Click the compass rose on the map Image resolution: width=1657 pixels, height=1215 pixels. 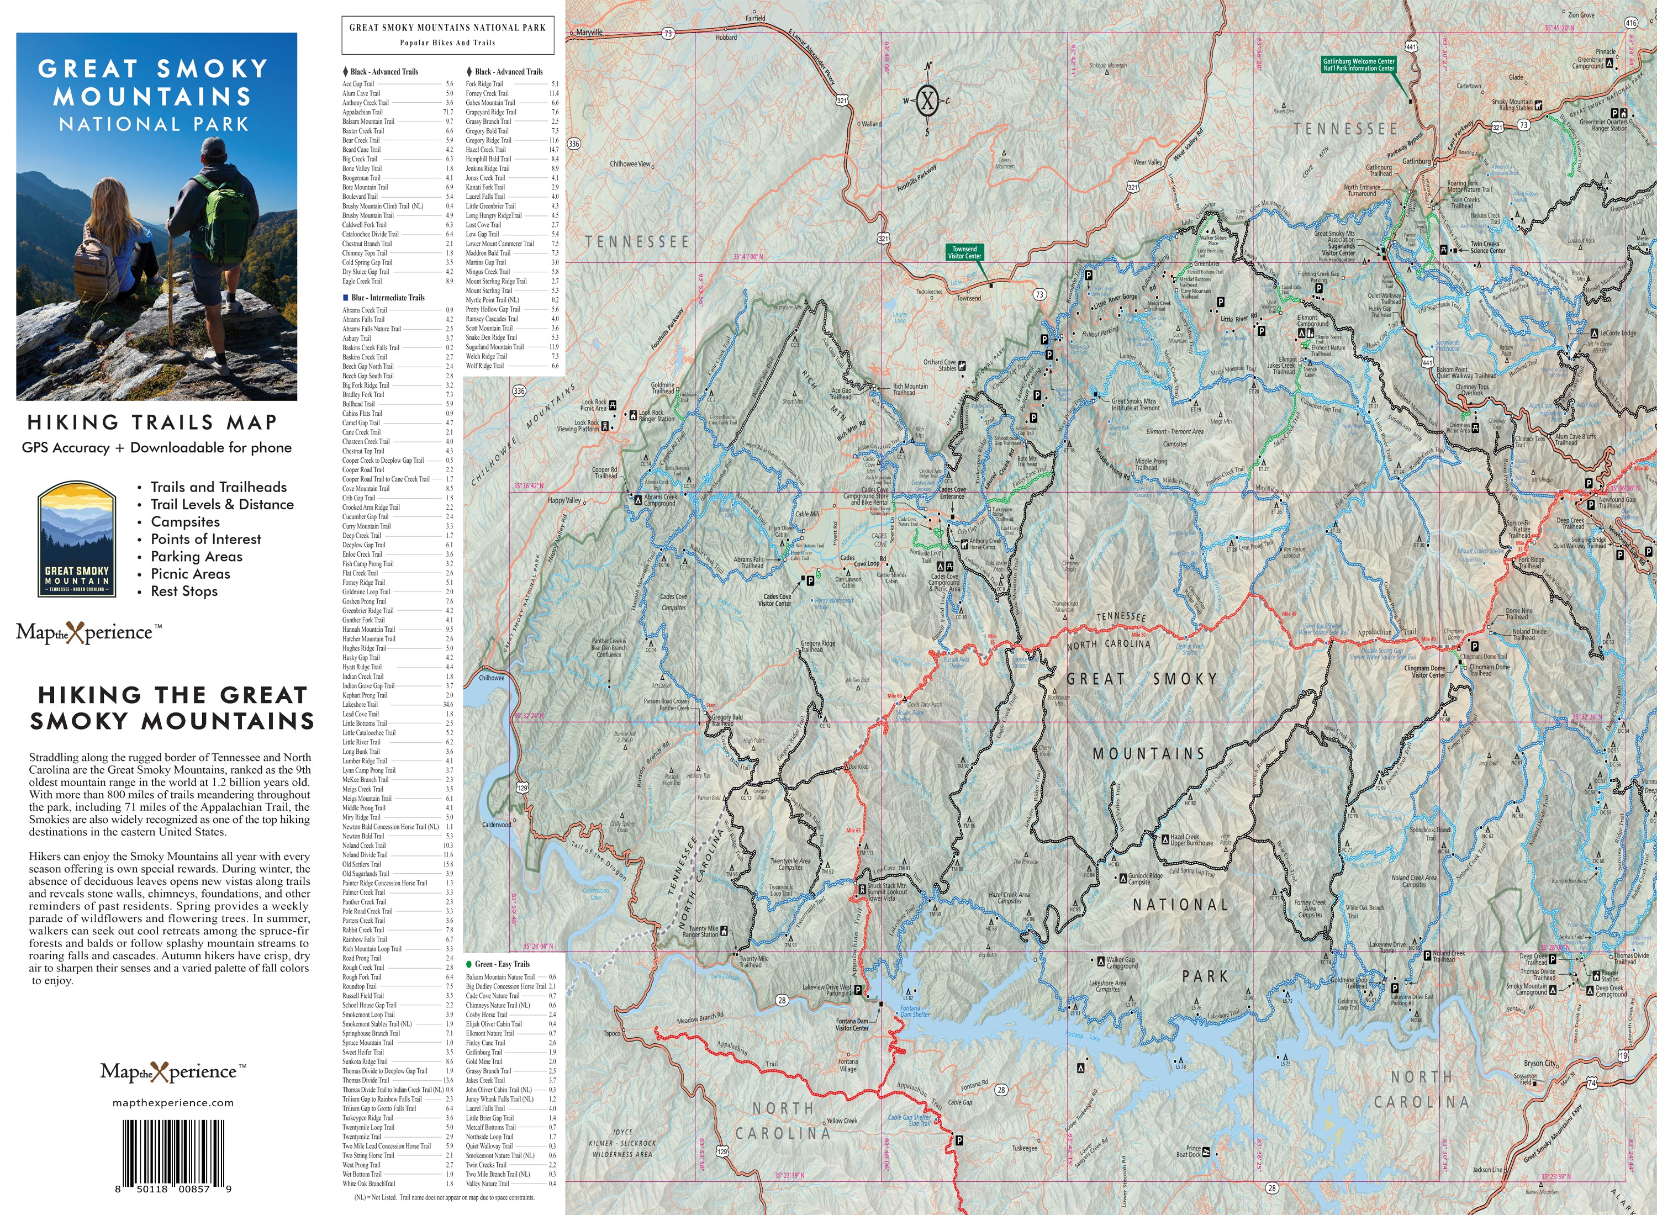pos(927,100)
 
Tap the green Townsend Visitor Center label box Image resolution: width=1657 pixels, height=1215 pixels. pos(964,252)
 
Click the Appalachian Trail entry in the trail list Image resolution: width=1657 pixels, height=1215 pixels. pos(362,112)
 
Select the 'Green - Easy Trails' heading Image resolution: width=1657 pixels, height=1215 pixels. pos(502,964)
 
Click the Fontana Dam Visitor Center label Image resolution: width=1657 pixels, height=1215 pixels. pos(852,1024)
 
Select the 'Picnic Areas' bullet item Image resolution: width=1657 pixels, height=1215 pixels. pos(191,574)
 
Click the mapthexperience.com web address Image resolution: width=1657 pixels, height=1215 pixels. pos(173,1102)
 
